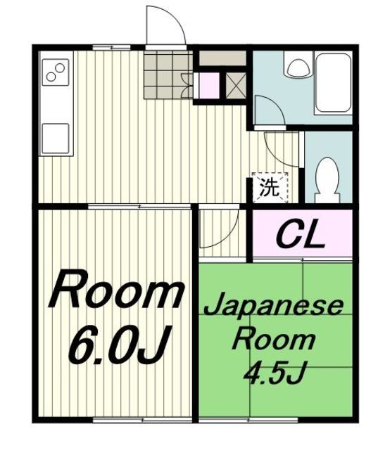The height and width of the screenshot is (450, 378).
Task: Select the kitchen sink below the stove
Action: [56, 134]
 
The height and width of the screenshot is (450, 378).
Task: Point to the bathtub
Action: [334, 84]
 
